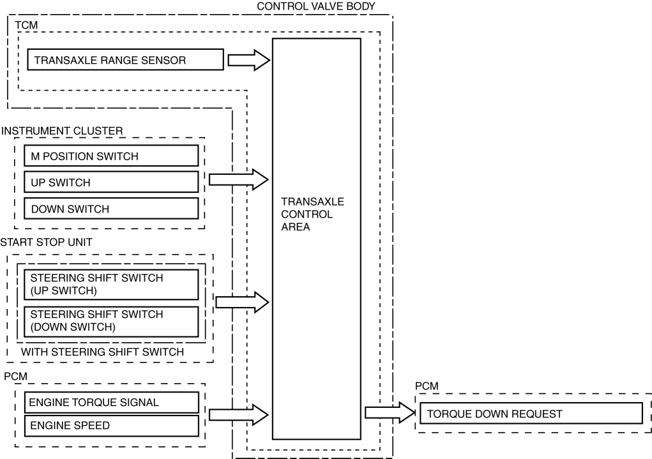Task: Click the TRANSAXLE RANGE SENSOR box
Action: tap(125, 61)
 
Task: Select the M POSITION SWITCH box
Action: tap(110, 156)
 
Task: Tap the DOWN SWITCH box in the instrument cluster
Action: tap(110, 209)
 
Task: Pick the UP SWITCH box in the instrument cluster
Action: tap(110, 182)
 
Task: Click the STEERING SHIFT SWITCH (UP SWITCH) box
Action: tap(110, 284)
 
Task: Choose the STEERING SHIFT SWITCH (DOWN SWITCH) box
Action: tap(110, 321)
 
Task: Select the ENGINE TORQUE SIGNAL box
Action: tap(110, 403)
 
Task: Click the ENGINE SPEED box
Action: tap(110, 425)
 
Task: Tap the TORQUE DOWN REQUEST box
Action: tap(530, 414)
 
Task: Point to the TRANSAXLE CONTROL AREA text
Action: tap(312, 214)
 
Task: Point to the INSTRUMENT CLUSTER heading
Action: tap(62, 131)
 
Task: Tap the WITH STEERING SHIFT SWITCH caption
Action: tap(103, 352)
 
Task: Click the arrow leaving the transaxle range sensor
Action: tap(249, 61)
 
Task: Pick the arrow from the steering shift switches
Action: tap(243, 302)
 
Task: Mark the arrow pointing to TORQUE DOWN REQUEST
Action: tap(389, 413)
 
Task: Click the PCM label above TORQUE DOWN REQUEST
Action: tap(427, 387)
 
